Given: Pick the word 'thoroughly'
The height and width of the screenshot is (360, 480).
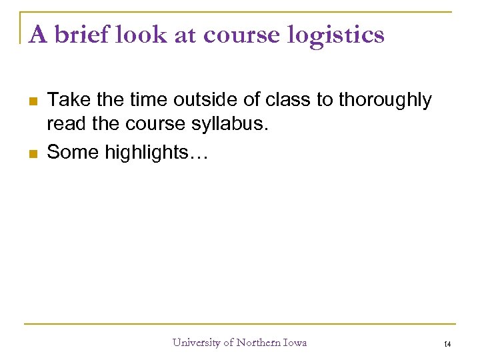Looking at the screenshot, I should (x=385, y=101).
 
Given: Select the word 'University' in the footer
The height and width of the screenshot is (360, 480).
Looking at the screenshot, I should (x=197, y=343).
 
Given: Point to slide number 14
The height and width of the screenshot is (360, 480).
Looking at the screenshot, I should (x=447, y=343).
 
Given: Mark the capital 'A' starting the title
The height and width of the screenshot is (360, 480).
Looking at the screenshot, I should (x=38, y=34).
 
